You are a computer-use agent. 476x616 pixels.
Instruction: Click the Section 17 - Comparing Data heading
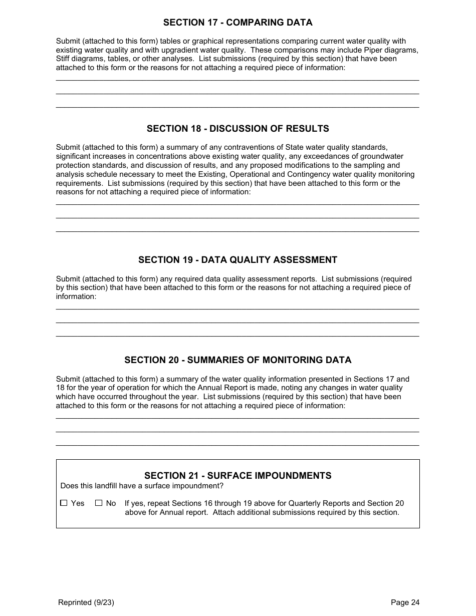pos(237,23)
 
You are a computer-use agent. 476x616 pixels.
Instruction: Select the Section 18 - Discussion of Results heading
pos(237,129)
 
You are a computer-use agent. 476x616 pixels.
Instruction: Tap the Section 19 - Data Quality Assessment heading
pos(237,260)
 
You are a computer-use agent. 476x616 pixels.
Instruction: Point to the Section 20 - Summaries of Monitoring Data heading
pos(237,360)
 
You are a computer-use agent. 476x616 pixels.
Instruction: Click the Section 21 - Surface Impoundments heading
pos(237,476)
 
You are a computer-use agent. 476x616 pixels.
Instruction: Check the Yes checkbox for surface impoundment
pos(64,503)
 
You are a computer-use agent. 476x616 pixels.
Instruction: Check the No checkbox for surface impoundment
pos(99,503)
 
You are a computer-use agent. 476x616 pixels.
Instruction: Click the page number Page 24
pos(405,602)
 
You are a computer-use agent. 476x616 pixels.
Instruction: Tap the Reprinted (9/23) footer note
pos(86,602)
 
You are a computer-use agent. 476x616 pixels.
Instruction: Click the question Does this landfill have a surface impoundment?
pos(142,486)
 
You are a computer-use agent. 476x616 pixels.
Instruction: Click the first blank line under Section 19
pos(237,309)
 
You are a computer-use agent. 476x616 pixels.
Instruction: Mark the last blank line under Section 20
pos(237,445)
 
